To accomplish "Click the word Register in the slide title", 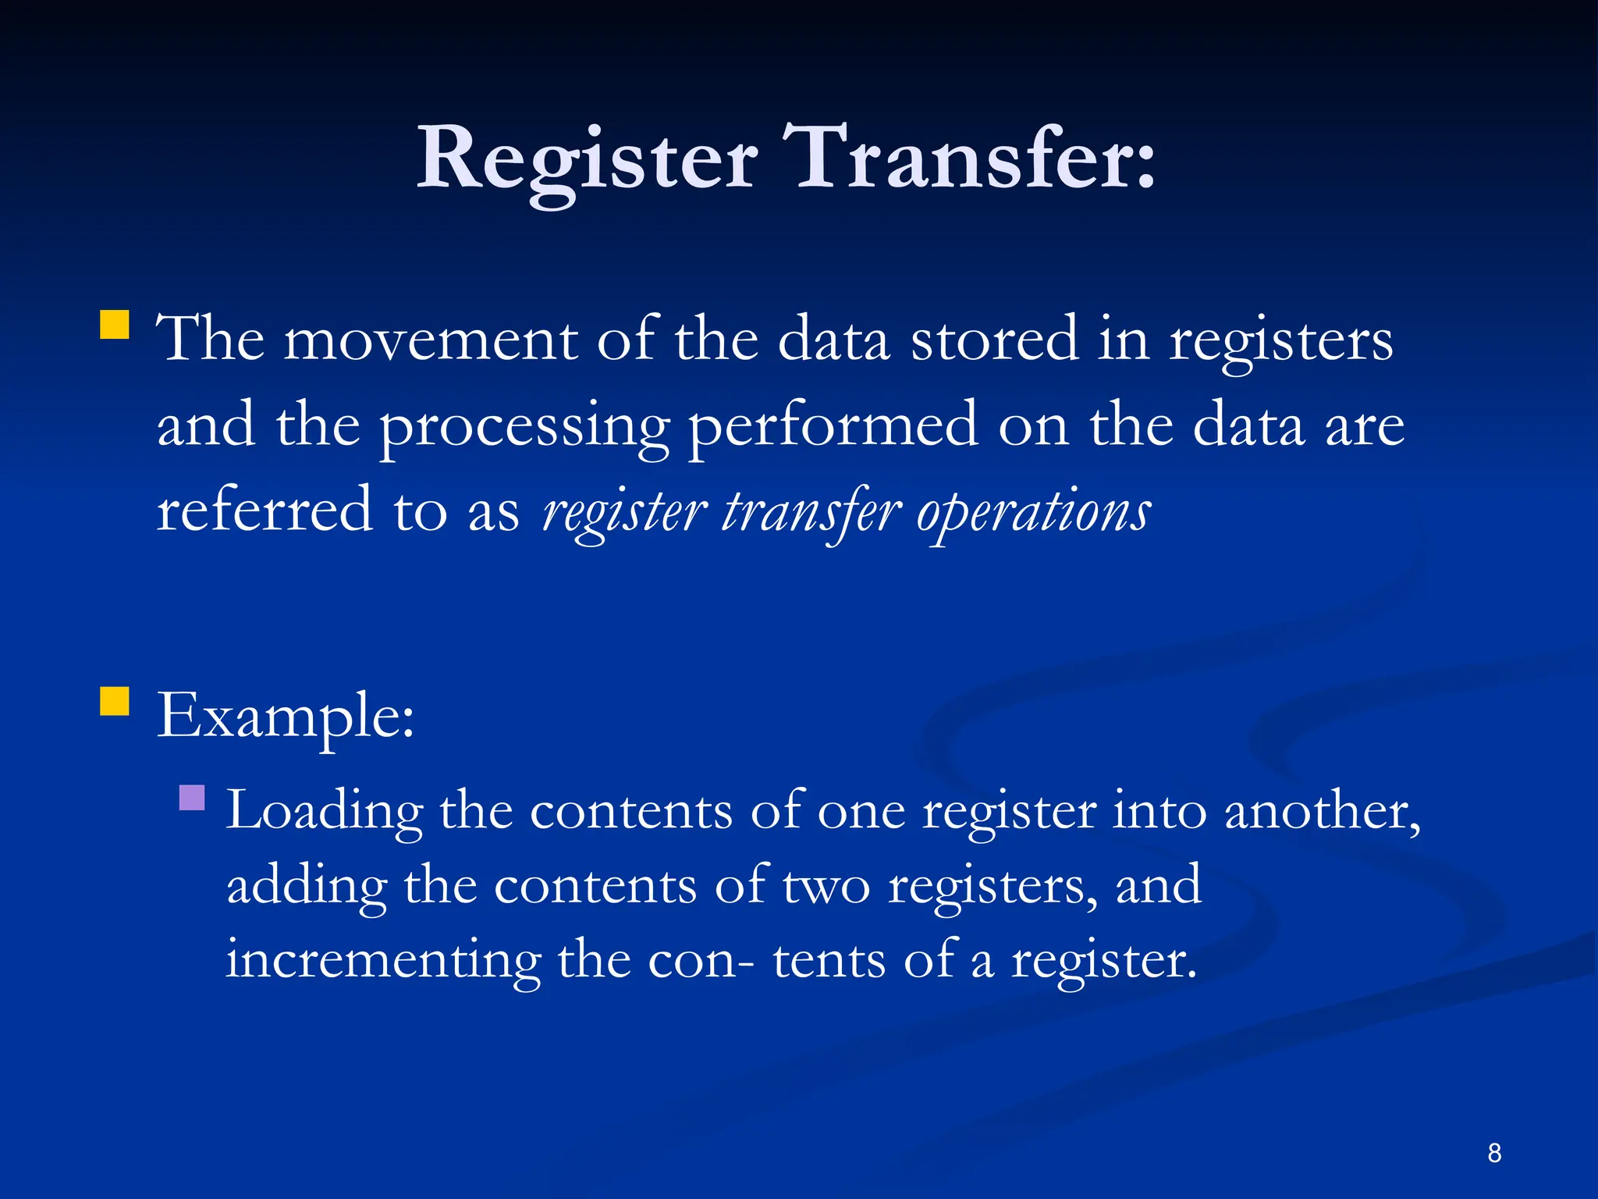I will click(x=587, y=160).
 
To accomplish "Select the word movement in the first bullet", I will click(x=430, y=340).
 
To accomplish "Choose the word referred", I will click(x=265, y=511).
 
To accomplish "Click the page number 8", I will click(x=1494, y=1153).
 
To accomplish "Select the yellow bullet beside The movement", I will click(x=115, y=325).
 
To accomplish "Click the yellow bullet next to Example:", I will click(x=115, y=701).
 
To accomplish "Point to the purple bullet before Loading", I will click(x=192, y=798).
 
